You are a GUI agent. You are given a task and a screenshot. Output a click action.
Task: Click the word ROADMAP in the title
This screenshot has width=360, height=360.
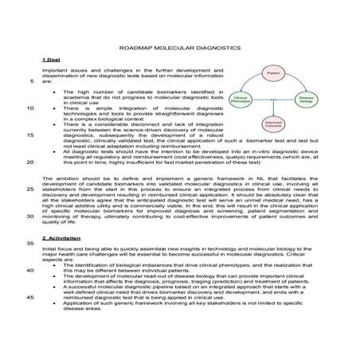click(143, 49)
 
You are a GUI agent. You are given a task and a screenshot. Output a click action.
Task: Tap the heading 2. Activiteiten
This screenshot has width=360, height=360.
click(62, 238)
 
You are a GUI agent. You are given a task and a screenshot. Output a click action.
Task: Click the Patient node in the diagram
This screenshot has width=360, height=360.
click(272, 72)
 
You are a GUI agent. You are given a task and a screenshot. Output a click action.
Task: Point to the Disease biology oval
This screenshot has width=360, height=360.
click(306, 100)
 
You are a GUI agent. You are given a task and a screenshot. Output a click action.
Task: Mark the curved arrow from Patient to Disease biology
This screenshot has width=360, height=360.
click(299, 83)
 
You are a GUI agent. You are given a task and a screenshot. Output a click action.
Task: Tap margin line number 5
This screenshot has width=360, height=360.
click(30, 81)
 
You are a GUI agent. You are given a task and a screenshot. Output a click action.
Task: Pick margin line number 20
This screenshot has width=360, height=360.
click(29, 162)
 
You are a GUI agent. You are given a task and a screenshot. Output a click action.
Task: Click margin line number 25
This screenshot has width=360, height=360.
click(29, 189)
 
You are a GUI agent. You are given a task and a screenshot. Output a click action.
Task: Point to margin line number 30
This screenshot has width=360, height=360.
click(29, 215)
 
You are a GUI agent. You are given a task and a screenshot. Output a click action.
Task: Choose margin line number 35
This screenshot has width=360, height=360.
click(29, 242)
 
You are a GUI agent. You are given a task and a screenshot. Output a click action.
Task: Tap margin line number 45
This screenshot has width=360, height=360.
click(29, 296)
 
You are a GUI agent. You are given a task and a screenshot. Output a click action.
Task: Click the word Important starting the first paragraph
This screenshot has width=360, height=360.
click(55, 72)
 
